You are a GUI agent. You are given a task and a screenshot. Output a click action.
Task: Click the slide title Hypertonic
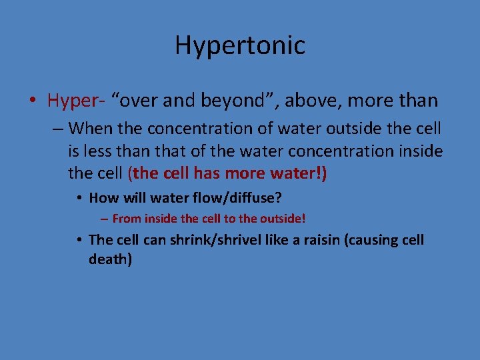[x=240, y=45]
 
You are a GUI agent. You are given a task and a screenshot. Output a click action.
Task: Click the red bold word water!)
[x=301, y=174]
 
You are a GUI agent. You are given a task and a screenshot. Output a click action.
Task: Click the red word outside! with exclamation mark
[x=283, y=218]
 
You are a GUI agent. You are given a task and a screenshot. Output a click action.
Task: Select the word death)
[x=110, y=259]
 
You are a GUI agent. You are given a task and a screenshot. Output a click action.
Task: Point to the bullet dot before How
[x=79, y=197]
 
